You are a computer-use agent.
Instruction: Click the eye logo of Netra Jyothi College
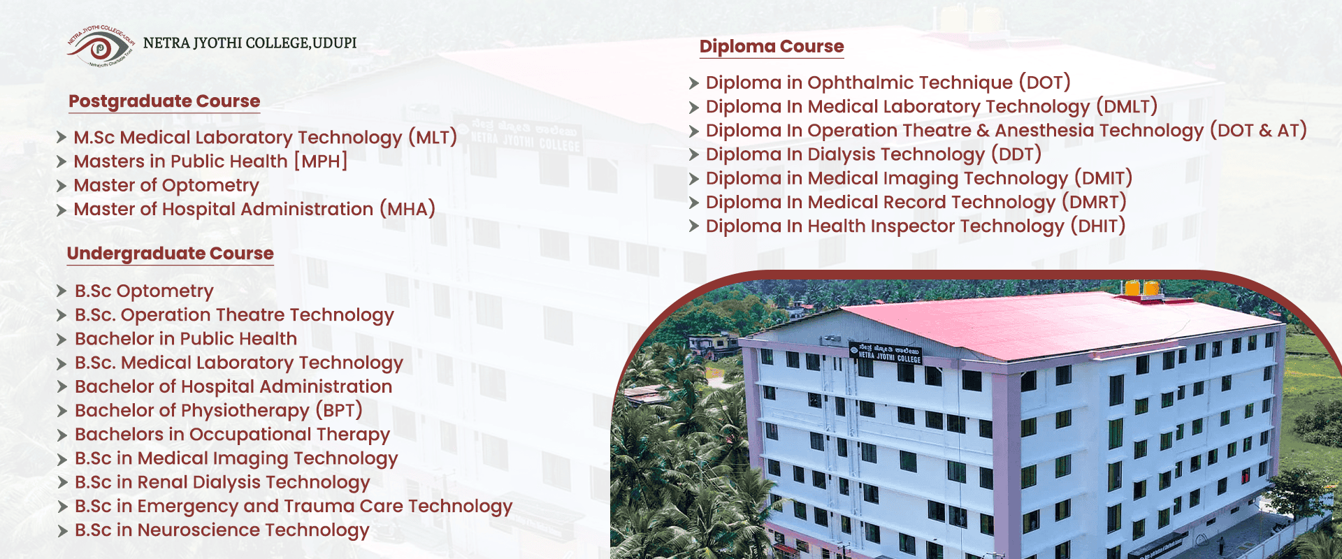click(101, 46)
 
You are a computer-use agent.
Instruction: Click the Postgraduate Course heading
click(164, 101)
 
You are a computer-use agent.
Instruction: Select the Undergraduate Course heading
click(171, 254)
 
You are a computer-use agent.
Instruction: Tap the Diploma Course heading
click(772, 47)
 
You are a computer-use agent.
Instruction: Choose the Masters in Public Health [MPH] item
click(210, 161)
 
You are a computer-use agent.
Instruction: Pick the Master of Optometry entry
click(166, 185)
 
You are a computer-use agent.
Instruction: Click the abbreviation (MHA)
click(407, 209)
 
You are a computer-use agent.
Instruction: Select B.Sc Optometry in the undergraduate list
click(144, 291)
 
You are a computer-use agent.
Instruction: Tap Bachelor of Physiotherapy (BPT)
click(219, 410)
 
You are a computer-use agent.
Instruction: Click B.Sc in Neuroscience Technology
click(222, 530)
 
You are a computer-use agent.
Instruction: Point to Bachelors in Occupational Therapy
click(232, 435)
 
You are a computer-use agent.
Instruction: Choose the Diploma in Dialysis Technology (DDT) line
click(874, 154)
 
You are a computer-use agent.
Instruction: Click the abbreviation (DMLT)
click(1127, 106)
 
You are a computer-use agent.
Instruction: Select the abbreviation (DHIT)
click(1098, 226)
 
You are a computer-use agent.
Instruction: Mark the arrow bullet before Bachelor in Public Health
click(62, 340)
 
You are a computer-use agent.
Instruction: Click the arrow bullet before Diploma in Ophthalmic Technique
click(693, 84)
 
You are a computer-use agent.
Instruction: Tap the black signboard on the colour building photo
click(886, 353)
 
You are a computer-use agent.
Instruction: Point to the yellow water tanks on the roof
click(1141, 287)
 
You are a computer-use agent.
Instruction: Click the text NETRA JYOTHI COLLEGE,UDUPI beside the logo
click(250, 43)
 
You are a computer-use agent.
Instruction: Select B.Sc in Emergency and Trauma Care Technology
click(294, 507)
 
